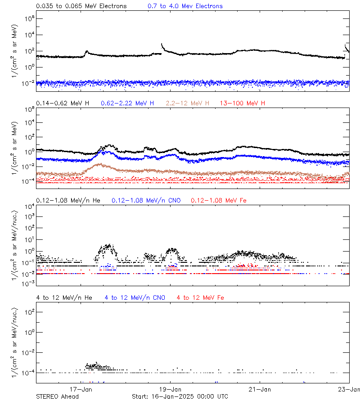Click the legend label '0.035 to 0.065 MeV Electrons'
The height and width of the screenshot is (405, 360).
click(81, 6)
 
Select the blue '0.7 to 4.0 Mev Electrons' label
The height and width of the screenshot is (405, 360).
click(185, 6)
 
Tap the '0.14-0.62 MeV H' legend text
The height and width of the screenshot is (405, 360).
click(63, 103)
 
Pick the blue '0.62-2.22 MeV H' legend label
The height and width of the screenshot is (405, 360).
click(127, 103)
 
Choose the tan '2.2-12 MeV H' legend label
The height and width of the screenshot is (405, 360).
click(187, 103)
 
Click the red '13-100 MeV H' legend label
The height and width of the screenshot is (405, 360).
click(243, 103)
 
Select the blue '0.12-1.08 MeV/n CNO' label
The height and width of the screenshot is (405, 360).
click(146, 200)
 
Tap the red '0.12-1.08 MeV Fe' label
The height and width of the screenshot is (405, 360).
click(219, 200)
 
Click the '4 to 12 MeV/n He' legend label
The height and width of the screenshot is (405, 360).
click(64, 298)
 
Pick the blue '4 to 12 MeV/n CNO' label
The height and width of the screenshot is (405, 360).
click(135, 298)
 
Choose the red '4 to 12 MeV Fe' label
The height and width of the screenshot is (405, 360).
click(200, 298)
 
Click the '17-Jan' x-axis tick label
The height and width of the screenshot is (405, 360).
click(81, 389)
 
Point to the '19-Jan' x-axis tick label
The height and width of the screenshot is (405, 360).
click(170, 389)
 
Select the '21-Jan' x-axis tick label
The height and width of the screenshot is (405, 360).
click(259, 389)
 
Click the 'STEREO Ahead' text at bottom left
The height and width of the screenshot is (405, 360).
click(57, 396)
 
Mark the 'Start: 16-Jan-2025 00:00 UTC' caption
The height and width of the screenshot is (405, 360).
click(180, 396)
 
